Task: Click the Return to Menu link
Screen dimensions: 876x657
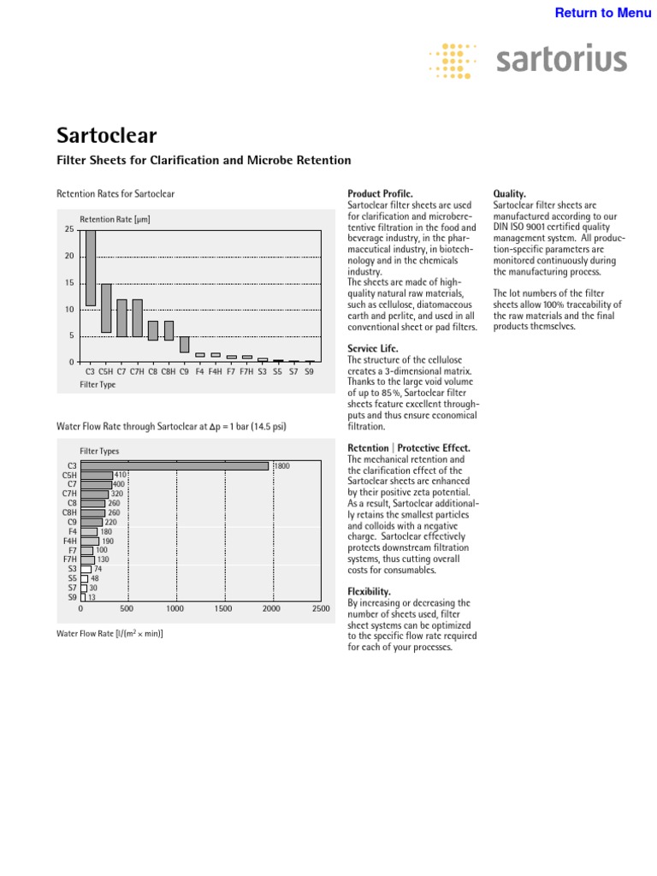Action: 603,13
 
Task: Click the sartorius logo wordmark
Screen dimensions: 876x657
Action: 561,60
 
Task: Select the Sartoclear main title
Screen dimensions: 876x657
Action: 106,135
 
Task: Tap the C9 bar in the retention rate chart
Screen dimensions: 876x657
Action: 184,344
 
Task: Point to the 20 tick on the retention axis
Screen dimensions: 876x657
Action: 69,257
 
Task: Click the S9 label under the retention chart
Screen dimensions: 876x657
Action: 309,372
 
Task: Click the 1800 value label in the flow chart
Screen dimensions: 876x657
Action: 282,466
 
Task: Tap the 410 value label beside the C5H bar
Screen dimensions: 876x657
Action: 121,475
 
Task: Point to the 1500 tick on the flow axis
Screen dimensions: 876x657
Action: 223,609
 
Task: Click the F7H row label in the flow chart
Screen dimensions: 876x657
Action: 69,559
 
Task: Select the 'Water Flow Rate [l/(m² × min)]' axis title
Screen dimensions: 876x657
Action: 109,634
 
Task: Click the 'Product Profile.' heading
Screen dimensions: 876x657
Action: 380,195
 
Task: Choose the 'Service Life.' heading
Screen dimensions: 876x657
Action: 373,349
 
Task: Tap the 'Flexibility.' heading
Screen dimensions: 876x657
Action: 370,591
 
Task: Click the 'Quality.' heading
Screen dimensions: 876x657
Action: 510,195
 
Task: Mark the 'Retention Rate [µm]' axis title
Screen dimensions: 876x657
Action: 115,220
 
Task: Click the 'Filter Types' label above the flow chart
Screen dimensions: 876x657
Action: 99,451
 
